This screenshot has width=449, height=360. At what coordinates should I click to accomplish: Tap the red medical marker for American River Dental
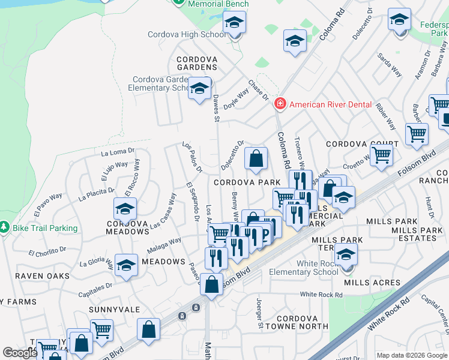(279, 104)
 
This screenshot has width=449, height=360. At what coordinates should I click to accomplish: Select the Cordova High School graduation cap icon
(235, 24)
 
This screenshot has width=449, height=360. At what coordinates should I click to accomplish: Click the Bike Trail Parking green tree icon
(5, 227)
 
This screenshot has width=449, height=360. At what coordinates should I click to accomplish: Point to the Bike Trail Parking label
(45, 228)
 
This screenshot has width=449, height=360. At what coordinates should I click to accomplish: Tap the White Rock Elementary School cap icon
(346, 254)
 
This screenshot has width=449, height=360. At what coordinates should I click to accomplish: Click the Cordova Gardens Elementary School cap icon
(199, 89)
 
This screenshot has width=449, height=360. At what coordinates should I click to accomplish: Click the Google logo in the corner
(20, 353)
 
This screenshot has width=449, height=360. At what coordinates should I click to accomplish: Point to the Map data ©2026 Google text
(411, 355)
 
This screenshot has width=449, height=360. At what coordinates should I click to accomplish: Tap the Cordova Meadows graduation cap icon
(125, 209)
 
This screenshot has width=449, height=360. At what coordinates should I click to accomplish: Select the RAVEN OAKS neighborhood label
(42, 276)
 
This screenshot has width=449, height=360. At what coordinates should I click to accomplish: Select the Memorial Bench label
(218, 4)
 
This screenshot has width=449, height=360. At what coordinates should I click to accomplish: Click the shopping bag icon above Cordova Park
(256, 159)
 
